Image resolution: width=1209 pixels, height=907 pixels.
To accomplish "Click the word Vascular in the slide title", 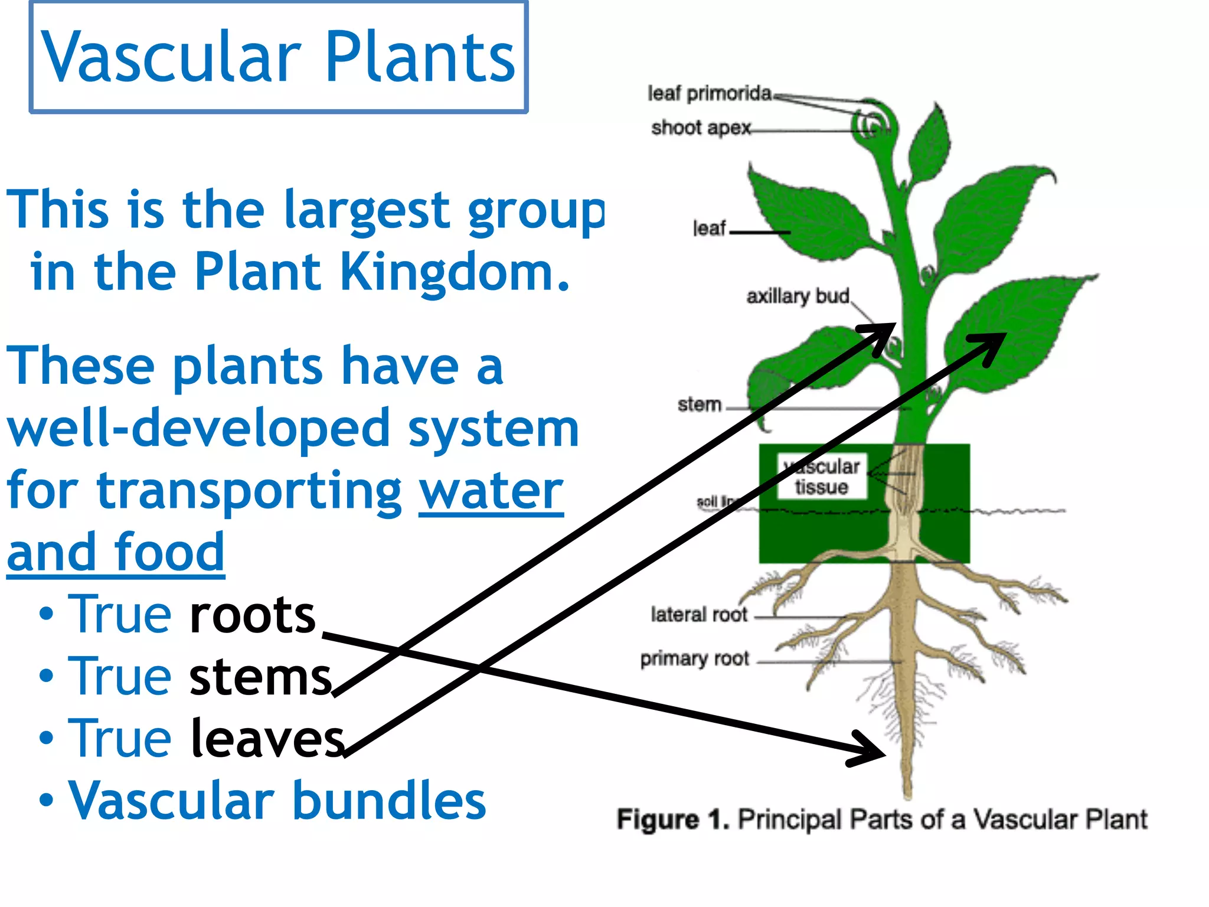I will [x=171, y=57].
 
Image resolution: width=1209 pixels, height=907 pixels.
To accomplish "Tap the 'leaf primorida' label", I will [x=709, y=93].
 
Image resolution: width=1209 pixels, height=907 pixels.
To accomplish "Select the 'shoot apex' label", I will [x=701, y=128].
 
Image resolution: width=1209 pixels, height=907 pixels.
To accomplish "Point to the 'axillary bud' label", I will [x=798, y=296].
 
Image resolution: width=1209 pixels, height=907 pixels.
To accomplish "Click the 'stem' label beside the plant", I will [x=700, y=404].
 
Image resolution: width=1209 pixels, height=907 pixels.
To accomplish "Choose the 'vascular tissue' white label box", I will [x=822, y=477].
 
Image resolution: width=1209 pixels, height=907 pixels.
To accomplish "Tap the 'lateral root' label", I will [x=699, y=615].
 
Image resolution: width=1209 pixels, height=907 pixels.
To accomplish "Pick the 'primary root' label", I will [x=694, y=658].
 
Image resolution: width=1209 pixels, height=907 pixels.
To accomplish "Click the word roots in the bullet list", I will [x=253, y=615].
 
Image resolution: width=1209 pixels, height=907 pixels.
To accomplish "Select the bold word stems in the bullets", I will [x=260, y=677].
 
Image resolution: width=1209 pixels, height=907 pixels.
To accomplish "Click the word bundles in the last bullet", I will [x=389, y=801].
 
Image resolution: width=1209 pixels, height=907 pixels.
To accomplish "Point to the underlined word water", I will [x=491, y=491].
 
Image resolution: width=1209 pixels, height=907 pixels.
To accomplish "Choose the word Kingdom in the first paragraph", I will [x=455, y=272].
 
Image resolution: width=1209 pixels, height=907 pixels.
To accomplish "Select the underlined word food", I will [x=169, y=553].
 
